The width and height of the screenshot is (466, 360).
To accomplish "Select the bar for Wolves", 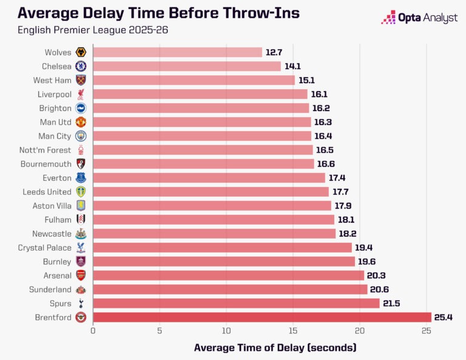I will point(177,53).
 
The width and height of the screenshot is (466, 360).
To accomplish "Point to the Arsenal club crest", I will point(81,275).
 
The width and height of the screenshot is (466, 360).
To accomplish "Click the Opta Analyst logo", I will point(419,18).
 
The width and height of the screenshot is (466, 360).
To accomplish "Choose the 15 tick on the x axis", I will point(293,331).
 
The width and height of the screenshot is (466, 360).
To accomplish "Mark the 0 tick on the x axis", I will point(93,331).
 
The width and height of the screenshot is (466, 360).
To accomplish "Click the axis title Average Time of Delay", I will point(275,347).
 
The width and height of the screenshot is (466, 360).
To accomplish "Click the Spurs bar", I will point(236,303).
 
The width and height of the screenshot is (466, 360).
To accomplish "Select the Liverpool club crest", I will point(81,95).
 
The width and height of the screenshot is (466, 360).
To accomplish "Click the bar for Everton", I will point(209,178).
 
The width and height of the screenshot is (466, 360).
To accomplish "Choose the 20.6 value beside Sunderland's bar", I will point(380,289).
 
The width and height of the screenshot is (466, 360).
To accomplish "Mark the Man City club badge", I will point(81,136).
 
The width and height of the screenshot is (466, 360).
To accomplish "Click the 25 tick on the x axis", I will point(426,331).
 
